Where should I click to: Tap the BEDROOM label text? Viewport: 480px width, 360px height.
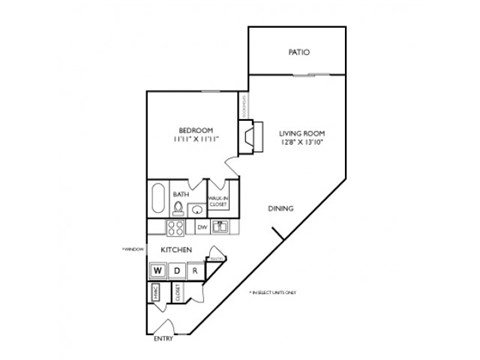click(x=196, y=131)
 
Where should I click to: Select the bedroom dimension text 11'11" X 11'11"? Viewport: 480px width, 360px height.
click(x=196, y=141)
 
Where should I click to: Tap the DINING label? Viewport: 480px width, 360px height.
click(x=280, y=209)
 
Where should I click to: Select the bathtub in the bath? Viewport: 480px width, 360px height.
click(x=158, y=198)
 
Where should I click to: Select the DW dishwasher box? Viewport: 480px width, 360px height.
click(x=202, y=228)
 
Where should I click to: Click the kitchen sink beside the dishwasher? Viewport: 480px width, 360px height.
click(x=222, y=228)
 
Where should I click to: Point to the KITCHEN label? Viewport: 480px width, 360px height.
click(x=177, y=249)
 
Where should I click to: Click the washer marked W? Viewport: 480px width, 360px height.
click(x=158, y=271)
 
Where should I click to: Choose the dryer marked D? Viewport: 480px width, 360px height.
click(x=177, y=271)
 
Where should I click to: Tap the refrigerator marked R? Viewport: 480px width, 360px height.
click(x=195, y=271)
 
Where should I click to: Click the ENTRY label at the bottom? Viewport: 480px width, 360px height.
click(x=164, y=337)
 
